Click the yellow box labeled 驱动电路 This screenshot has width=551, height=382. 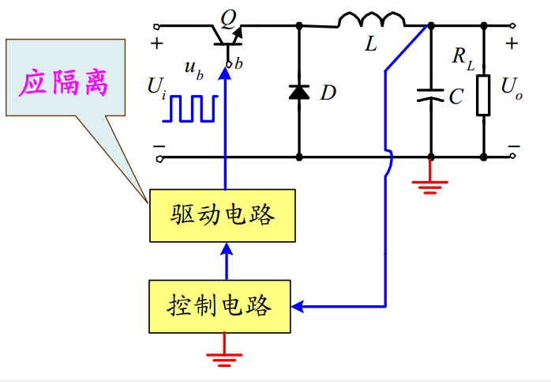223,215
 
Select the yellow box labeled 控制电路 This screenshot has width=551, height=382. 219,305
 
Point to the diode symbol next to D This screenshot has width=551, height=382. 298,92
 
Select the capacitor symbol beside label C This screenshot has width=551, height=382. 430,96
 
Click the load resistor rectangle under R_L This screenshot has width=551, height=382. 483,96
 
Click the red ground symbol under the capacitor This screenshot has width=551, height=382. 430,187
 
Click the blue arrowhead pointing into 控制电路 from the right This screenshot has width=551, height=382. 297,305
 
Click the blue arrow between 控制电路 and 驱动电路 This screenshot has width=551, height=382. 226,260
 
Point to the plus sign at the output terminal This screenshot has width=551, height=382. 512,43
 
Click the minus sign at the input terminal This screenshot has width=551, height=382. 159,146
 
